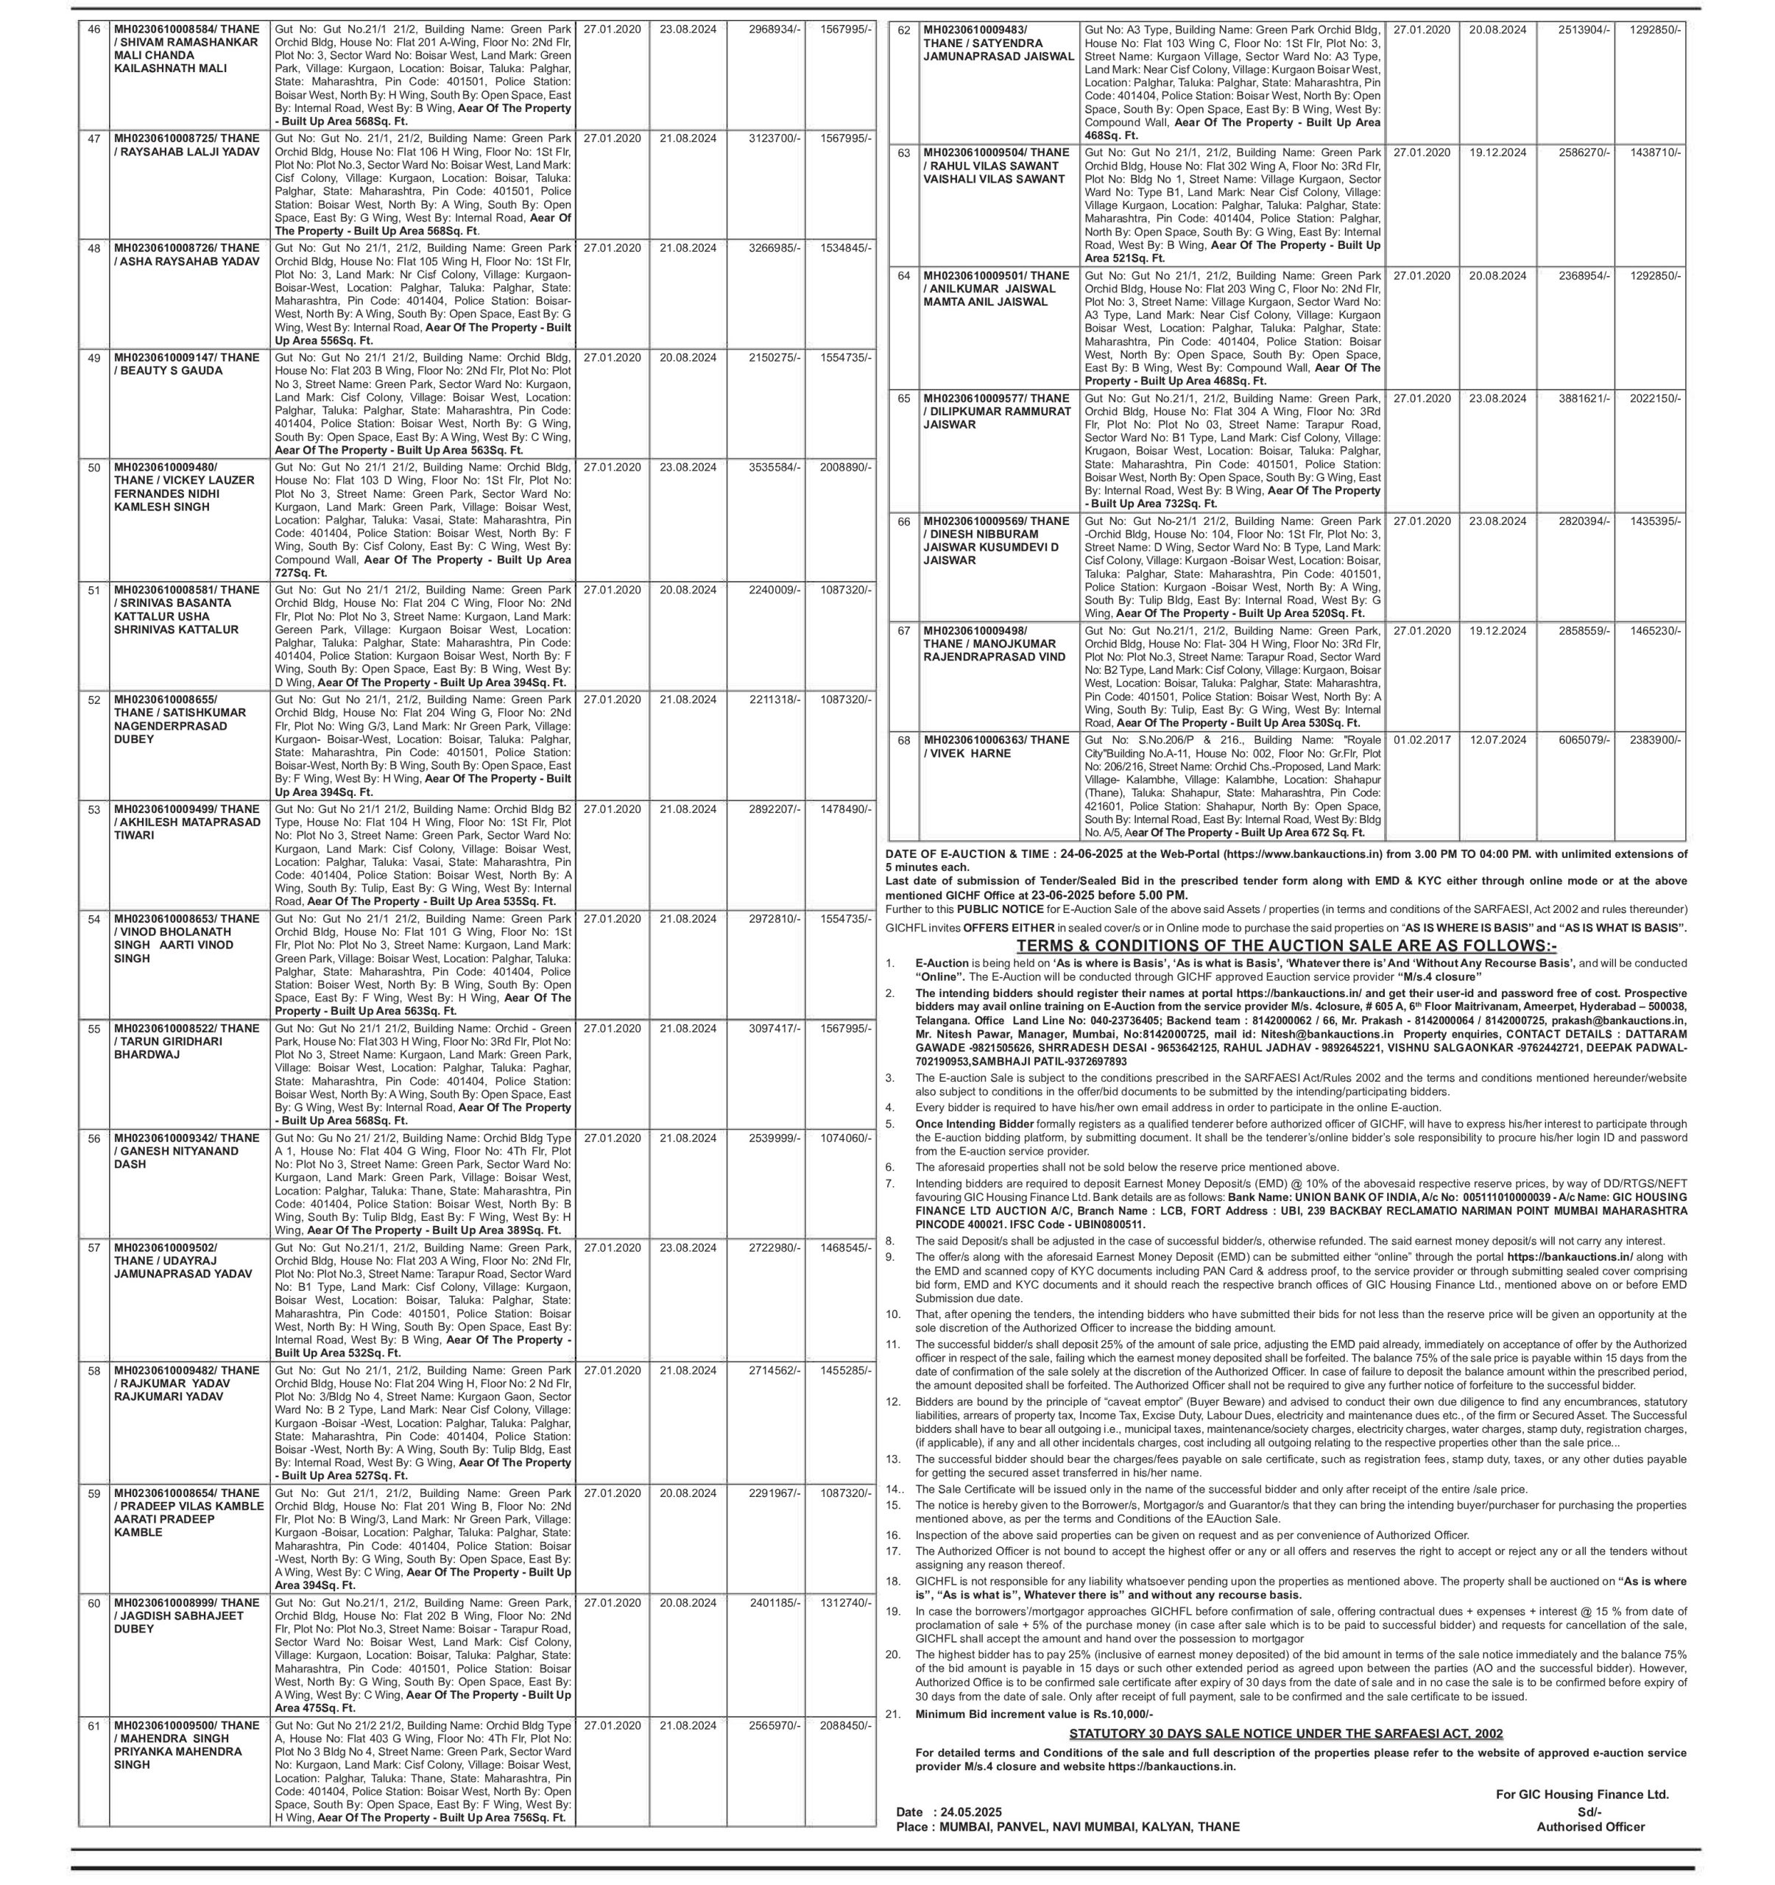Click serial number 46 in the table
tap(93, 29)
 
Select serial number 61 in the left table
tap(93, 1726)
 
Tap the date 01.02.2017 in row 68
tap(1422, 739)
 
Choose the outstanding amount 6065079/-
tap(1584, 739)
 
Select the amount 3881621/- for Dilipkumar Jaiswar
tap(1584, 398)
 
